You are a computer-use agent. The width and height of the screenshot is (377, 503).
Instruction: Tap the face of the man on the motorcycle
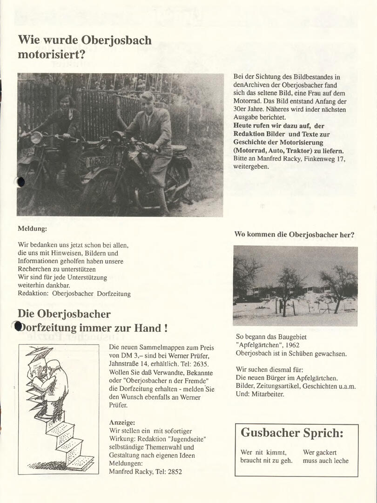[147, 101]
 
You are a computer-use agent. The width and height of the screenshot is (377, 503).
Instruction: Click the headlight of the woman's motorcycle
[36, 137]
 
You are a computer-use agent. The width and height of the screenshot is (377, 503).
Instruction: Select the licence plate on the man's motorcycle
[97, 161]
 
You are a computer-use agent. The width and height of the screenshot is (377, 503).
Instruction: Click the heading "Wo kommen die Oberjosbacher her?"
[294, 235]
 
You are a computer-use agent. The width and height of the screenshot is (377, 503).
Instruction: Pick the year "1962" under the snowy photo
[287, 345]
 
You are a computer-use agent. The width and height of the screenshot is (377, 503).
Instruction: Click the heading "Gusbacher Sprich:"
[292, 433]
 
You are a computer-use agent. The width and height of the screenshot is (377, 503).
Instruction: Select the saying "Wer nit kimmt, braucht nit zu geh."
[266, 456]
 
